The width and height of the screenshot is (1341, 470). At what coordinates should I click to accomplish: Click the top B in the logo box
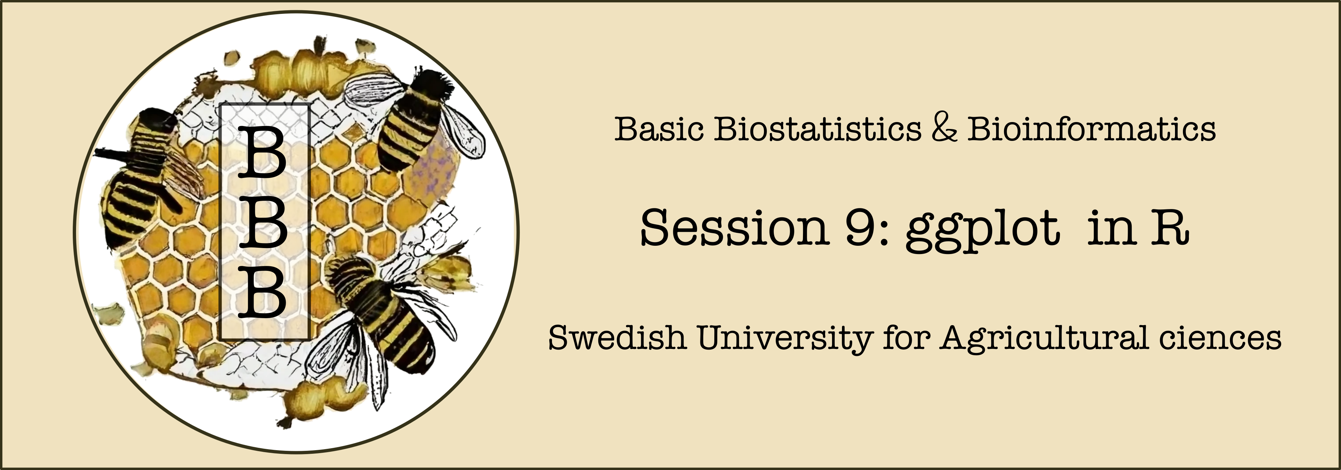click(262, 153)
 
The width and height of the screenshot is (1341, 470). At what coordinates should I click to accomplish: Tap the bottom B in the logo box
click(262, 292)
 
